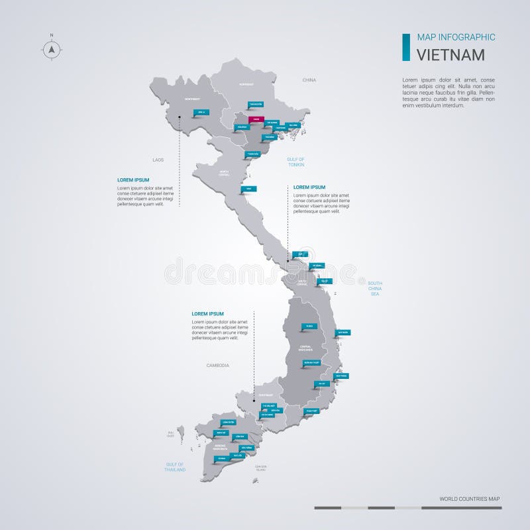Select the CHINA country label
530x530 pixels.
(309, 80)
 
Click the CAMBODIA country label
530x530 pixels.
(217, 365)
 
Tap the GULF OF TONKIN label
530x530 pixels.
(295, 162)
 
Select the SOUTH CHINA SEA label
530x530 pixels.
(375, 288)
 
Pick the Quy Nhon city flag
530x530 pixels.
(343, 331)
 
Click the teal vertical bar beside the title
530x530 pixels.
(405, 46)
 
